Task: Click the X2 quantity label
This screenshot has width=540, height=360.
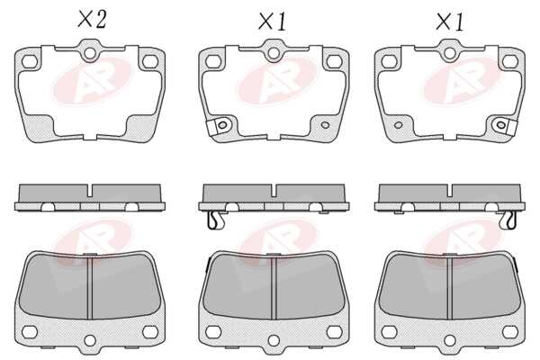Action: click(x=92, y=19)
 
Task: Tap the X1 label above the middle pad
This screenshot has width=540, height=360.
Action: click(x=273, y=22)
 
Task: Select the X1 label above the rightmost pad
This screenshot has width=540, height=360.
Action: click(x=450, y=22)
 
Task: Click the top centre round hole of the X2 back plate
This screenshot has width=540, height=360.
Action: click(x=90, y=53)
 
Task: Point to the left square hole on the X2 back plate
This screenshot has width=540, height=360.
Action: click(x=30, y=62)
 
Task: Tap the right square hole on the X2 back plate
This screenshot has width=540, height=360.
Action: click(x=150, y=62)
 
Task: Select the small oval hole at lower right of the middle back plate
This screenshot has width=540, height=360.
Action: click(x=325, y=125)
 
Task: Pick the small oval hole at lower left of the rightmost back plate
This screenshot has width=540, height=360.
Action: click(x=399, y=125)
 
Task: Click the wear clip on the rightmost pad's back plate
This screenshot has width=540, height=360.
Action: click(x=505, y=126)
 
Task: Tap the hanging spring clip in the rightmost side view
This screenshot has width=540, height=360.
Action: click(x=508, y=220)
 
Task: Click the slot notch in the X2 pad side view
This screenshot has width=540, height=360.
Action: click(x=90, y=191)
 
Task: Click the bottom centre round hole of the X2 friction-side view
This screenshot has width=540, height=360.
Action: click(x=90, y=341)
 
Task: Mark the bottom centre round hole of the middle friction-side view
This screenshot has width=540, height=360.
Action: click(x=274, y=341)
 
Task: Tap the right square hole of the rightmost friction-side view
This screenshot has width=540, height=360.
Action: click(x=510, y=332)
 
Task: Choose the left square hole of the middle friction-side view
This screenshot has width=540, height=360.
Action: click(x=213, y=332)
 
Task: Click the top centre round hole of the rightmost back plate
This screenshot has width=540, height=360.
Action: click(x=449, y=53)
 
